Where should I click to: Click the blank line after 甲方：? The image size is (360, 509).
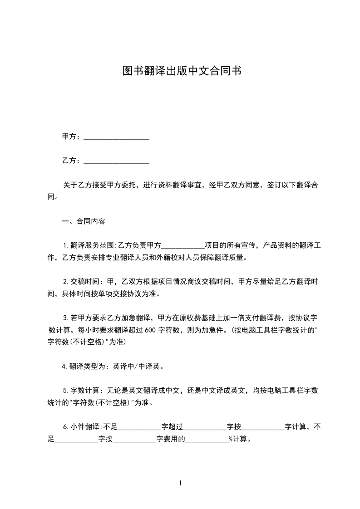click(x=116, y=137)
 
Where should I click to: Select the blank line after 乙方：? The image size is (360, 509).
click(x=116, y=161)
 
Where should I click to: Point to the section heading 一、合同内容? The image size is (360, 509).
click(x=84, y=222)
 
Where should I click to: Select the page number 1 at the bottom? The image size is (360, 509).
click(x=180, y=484)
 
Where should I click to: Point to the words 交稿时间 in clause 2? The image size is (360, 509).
click(x=85, y=282)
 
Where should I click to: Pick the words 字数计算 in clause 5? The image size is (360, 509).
click(x=85, y=391)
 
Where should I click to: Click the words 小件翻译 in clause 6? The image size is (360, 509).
click(x=85, y=426)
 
